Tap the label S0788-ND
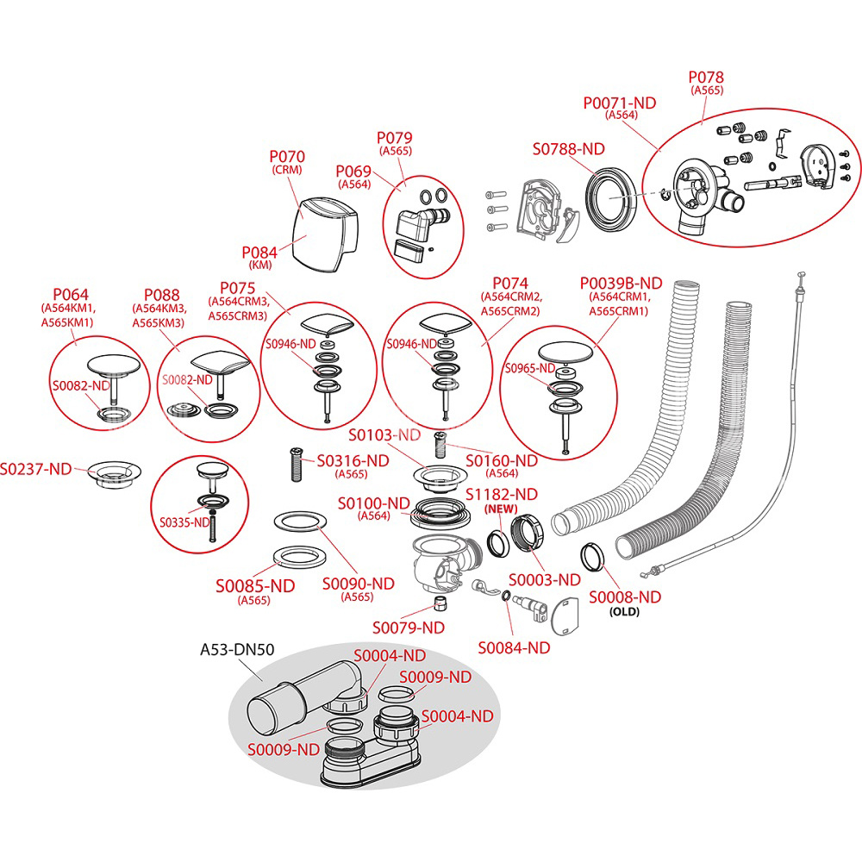click(568, 149)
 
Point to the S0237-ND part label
click(35, 469)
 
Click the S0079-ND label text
click(409, 627)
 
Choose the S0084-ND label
click(514, 647)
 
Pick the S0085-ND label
click(255, 586)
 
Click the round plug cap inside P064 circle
click(114, 363)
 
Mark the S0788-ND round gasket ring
click(611, 197)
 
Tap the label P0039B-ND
click(621, 283)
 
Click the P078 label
click(706, 78)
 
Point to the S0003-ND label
click(545, 579)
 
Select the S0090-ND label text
click(359, 584)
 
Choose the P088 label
click(162, 294)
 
